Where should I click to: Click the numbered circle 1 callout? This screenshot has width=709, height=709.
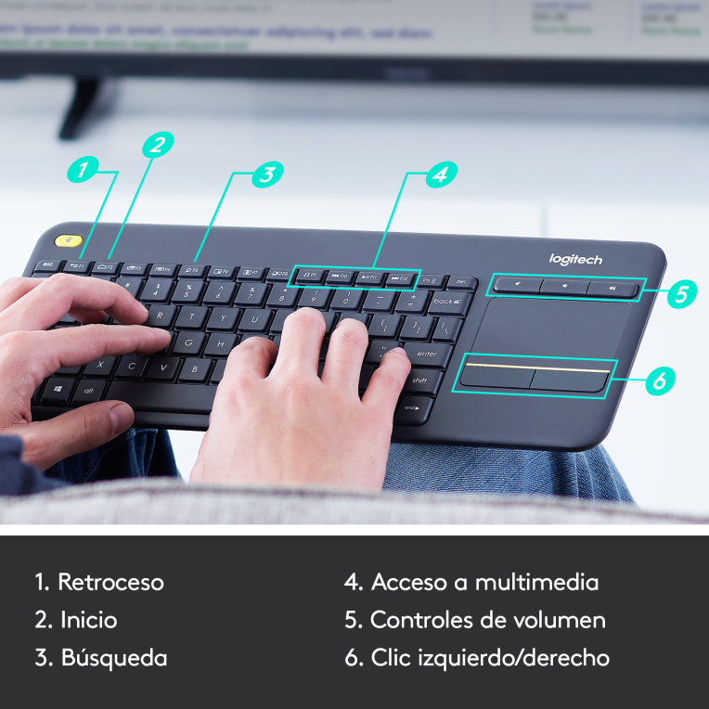pos(84,170)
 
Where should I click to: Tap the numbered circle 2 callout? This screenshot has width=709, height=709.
pos(158,144)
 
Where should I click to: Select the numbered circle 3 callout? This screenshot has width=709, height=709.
pos(267,174)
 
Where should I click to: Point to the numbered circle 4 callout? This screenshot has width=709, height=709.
pos(442,174)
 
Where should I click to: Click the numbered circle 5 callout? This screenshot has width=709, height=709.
pos(682,294)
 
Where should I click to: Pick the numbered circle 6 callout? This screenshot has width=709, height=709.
pos(659,380)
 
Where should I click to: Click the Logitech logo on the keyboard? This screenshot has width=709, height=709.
pos(575,260)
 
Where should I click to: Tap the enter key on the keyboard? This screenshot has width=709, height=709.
pos(426,354)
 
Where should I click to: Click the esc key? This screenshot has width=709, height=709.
pos(46,265)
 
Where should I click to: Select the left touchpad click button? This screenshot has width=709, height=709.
pos(496,377)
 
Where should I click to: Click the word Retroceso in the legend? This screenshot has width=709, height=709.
pos(110,583)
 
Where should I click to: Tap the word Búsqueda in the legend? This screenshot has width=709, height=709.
pos(114,658)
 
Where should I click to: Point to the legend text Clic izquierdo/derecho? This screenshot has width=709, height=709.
pos(490,658)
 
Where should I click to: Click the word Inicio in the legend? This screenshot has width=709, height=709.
pos(89,620)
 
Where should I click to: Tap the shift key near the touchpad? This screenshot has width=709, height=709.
pos(419,380)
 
